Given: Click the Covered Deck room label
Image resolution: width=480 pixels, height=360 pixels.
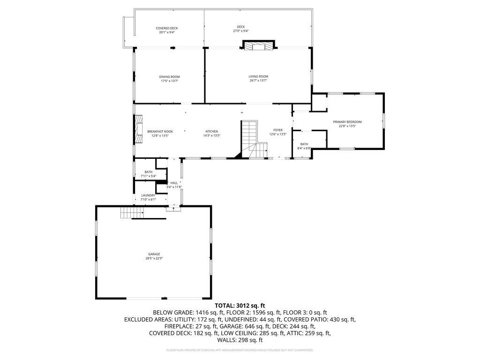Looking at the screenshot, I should tap(166, 28).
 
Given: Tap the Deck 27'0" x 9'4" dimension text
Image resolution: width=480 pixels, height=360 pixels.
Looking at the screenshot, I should tap(240, 31).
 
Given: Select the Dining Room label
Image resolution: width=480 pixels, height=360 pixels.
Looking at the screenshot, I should tap(169, 77).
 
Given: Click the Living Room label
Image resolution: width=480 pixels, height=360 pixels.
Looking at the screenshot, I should tap(258, 76).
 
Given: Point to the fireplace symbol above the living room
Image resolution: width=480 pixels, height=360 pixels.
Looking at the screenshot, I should tap(259, 45).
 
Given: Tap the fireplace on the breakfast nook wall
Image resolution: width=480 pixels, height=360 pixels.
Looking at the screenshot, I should tap(139, 129).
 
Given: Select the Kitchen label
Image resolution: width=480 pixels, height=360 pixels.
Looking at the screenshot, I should tap(212, 132).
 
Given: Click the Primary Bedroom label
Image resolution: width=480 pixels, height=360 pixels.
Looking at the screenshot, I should tap(347, 122).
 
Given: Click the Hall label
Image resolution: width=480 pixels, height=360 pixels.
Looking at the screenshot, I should tap(174, 183).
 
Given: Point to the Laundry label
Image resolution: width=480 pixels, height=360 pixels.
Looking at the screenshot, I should tap(148, 195).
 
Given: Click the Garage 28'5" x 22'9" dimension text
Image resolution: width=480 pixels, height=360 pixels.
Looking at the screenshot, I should tap(154, 258).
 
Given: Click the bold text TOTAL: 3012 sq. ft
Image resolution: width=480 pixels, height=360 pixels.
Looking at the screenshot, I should tap(240, 306).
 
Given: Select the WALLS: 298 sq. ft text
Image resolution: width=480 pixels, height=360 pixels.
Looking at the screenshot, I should tap(240, 340).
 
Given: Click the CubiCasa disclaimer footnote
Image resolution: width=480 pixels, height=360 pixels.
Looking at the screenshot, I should tap(240, 350).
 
